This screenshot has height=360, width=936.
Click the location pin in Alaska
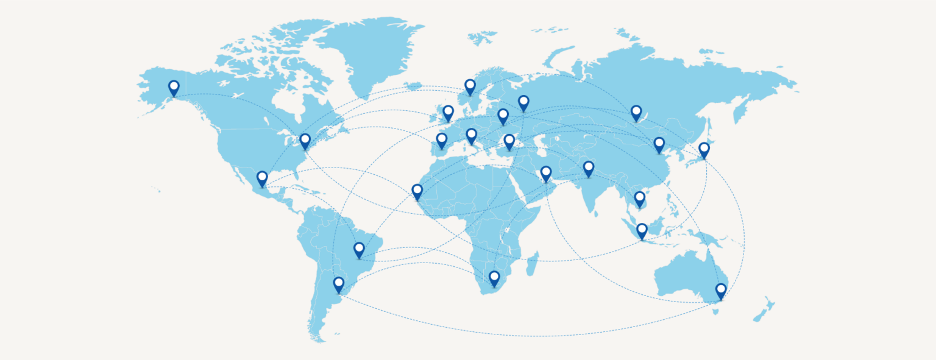tap(174, 87)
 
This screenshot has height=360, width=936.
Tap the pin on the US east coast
tap(305, 141)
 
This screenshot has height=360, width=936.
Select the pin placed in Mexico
tap(262, 178)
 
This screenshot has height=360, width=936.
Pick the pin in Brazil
tap(359, 249)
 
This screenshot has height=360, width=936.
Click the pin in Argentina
tap(339, 284)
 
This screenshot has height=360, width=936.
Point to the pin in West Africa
tap(417, 191)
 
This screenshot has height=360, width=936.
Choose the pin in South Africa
tap(494, 278)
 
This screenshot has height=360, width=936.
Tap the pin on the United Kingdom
tap(448, 112)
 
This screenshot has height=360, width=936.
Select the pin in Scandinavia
tap(470, 86)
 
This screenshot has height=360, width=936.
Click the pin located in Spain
tap(442, 140)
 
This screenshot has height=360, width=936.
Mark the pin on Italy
tap(471, 135)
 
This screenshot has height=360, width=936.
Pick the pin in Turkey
tap(509, 141)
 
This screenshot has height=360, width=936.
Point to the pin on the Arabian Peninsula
tap(546, 173)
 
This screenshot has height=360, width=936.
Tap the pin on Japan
tap(704, 149)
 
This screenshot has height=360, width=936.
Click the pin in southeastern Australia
tap(721, 290)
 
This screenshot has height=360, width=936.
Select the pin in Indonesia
tap(642, 230)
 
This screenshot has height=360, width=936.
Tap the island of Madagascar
tap(531, 263)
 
